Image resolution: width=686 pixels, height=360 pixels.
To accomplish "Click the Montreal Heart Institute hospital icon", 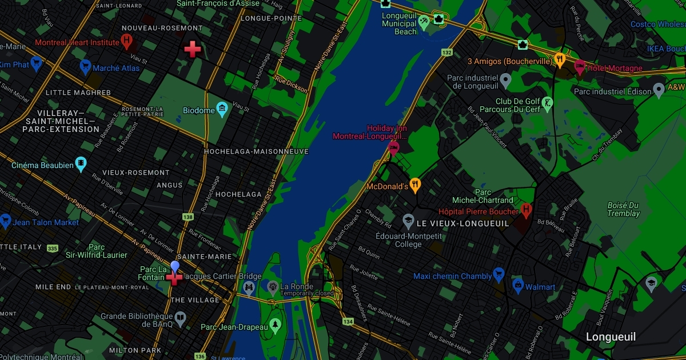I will click(x=127, y=41).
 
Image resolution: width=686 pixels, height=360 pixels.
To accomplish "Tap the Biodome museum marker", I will click(x=222, y=109).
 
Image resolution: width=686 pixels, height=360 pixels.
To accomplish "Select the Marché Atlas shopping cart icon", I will click(x=85, y=67).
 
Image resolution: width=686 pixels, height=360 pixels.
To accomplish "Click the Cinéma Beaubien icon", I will click(x=81, y=165).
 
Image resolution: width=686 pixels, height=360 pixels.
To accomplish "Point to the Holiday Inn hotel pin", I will click(x=393, y=148).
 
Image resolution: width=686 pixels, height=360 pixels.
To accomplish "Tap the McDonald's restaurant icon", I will click(x=416, y=185).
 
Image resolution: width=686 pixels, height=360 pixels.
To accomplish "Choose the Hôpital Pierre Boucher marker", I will click(x=526, y=210).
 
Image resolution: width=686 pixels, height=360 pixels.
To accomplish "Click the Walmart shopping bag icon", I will click(x=518, y=286).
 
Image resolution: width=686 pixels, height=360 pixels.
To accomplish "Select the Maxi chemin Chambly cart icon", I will click(x=498, y=275).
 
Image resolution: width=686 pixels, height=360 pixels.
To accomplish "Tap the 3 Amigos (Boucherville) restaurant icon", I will click(x=560, y=59).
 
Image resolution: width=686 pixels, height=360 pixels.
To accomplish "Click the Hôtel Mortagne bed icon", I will click(x=580, y=67).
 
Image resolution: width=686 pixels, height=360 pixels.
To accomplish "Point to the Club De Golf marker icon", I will click(x=548, y=103).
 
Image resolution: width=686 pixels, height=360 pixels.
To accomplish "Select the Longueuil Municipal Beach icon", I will click(x=424, y=22).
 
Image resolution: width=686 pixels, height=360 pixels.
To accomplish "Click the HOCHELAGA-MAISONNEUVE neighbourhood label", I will click(x=256, y=151).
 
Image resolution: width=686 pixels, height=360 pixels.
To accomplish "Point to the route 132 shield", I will click(x=447, y=53).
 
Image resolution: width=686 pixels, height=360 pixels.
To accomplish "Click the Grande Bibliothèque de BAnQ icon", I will click(x=180, y=318).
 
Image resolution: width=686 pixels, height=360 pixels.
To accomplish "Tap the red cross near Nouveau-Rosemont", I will click(x=193, y=49).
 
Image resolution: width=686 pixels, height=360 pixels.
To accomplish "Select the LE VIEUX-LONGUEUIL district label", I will click(x=462, y=223).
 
